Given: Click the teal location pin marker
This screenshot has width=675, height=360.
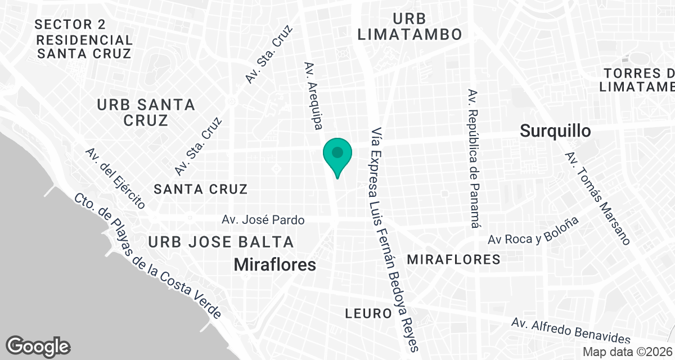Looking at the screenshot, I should coord(337,155).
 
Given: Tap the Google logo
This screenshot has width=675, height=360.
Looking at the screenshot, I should coord(38,345).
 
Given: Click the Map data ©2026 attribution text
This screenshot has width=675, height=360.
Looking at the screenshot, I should coord(627,352).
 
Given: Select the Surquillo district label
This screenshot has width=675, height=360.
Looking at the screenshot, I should coord(555,131).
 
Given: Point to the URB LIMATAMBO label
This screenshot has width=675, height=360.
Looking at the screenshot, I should coord(409,26).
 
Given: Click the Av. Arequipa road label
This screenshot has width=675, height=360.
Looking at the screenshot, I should coord(313,96).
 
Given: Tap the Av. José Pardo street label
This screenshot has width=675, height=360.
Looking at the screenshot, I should coord(263,220).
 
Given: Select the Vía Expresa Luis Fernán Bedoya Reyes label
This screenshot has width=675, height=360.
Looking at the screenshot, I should coord(394,239).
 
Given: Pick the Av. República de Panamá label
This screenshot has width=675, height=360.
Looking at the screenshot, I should coord(474,158).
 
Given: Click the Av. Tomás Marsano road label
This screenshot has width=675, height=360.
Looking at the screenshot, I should coord(597,198).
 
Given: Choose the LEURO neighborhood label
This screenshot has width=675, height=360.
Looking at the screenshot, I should coord(369,313).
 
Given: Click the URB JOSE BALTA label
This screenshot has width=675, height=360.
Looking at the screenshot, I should coord(221,242).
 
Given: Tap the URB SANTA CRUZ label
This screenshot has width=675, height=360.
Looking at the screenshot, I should coord(146,112).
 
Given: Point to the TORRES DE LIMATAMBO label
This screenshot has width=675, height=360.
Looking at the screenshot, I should coord(638,80).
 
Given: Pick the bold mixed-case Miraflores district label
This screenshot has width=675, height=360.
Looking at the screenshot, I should coord(274,264).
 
